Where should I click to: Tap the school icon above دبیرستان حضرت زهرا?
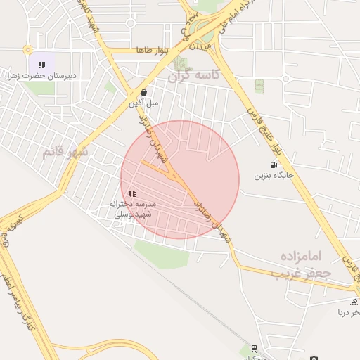(41, 65)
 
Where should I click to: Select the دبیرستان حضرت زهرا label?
(42, 75)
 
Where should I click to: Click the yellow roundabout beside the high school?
(27, 50)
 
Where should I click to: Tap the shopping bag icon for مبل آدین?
(143, 92)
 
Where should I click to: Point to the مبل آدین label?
(143, 103)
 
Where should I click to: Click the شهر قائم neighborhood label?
(65, 150)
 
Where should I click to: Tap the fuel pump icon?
(273, 165)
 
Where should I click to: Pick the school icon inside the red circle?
(132, 193)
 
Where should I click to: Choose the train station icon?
(252, 349)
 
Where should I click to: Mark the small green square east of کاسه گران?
(259, 85)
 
